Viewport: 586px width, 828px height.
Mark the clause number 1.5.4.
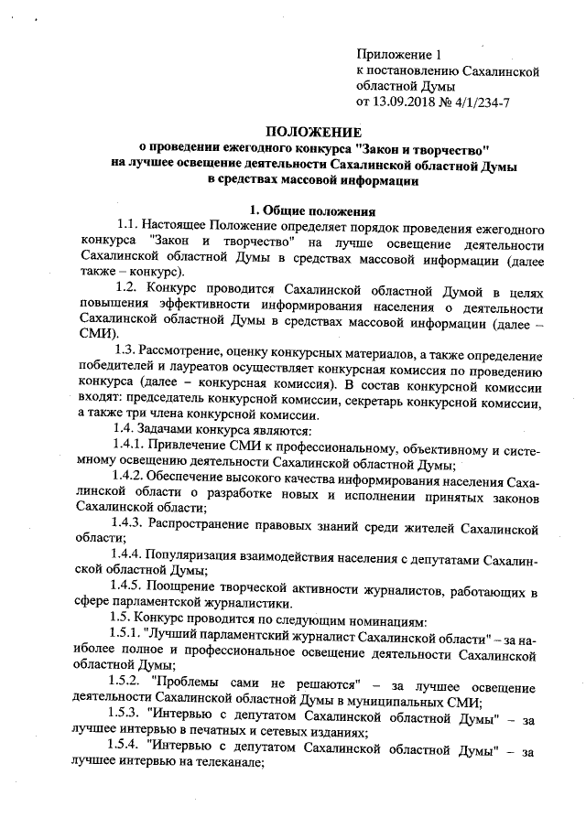pyautogui.click(x=129, y=751)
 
